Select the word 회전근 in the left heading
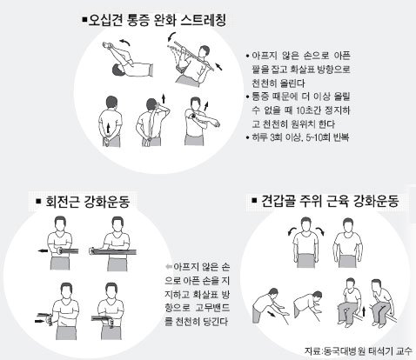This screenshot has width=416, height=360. tap(63, 202)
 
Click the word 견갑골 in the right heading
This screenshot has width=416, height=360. tap(278, 201)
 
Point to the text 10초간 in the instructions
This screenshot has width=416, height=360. tap(312, 110)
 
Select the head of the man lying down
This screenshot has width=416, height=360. tap(118, 70)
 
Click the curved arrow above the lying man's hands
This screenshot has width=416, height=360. tap(126, 43)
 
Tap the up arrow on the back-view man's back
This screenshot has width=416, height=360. tap(109, 127)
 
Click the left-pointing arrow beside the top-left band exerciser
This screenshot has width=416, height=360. tap(43, 250)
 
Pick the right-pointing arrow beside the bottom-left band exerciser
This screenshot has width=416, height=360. tap(39, 321)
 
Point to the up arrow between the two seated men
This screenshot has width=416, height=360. tap(364, 311)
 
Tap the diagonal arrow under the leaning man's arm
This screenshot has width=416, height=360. tap(272, 315)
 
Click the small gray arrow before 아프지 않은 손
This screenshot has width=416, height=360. tap(169, 266)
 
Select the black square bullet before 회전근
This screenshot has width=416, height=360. tap(38, 201)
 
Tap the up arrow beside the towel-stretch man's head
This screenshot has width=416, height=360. tap(164, 98)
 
